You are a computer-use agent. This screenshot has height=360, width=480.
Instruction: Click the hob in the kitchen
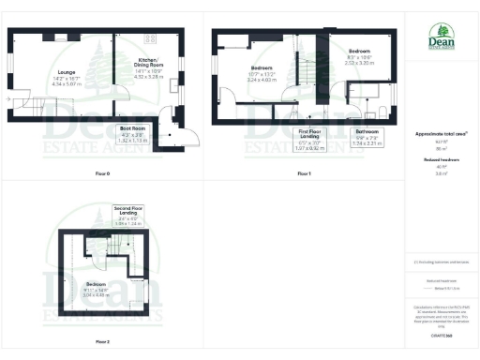pos(148,39)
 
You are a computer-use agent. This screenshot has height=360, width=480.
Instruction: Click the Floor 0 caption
pos(102,174)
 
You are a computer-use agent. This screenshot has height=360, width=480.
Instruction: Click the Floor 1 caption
pos(303,174)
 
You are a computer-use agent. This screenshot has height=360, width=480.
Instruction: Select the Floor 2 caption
pos(102,341)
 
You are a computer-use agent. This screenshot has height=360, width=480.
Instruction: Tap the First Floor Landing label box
pos(308,139)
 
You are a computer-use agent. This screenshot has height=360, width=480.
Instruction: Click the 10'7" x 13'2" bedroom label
pos(262,75)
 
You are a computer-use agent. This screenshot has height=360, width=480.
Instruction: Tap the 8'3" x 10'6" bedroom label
pos(361,55)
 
